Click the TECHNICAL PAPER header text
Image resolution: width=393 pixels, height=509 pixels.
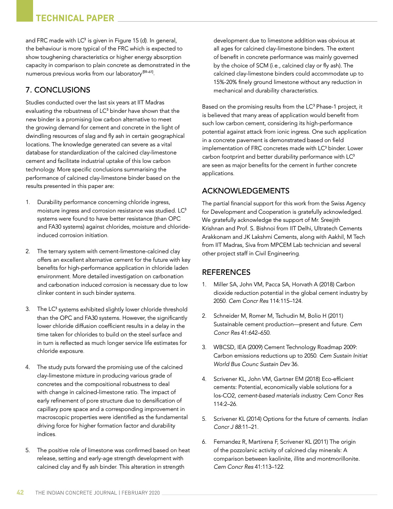pos(75,18)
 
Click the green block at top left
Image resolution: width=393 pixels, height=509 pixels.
pos(24,10)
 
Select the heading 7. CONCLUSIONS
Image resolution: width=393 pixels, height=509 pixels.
pos(58,90)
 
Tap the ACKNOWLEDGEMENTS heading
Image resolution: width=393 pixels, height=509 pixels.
pos(245,191)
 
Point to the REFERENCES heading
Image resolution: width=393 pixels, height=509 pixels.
pos(226,272)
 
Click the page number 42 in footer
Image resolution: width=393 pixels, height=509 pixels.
pos(20,492)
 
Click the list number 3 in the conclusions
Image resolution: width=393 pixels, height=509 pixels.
pos(28,309)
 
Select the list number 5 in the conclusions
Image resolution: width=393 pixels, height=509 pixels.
pos(28,450)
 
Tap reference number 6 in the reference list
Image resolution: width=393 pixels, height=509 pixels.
pos(204,442)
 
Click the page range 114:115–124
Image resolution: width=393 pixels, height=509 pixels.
pos(286,301)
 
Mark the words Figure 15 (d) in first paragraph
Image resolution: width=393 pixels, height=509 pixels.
pos(129,40)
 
